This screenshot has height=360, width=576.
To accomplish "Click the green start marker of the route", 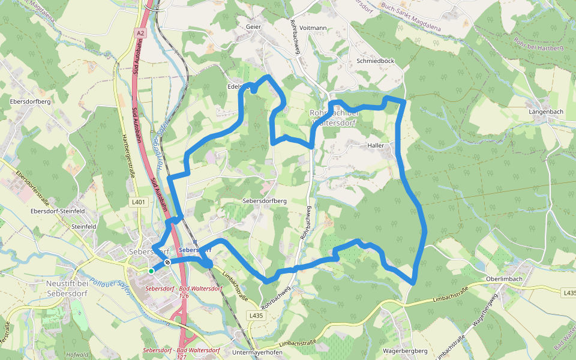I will click(x=151, y=271).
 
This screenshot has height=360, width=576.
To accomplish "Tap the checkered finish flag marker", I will click(x=167, y=262).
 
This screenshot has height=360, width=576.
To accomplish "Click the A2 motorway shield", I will click(x=140, y=34).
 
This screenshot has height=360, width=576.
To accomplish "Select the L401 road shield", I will click(x=139, y=202).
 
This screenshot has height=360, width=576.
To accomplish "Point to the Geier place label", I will click(x=254, y=27).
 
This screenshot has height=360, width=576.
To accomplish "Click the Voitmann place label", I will click(x=313, y=28).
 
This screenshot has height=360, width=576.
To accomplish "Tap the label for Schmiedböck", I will click(x=375, y=61).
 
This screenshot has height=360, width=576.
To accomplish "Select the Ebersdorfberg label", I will click(x=30, y=101).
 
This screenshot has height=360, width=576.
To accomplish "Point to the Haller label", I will click(x=375, y=145).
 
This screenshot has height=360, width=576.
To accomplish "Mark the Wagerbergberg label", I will click(x=404, y=350).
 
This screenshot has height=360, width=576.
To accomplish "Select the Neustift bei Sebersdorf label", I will click(x=67, y=286).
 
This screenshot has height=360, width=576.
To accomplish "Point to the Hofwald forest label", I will click(x=78, y=355).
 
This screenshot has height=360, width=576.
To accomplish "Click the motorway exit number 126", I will click(x=184, y=296).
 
